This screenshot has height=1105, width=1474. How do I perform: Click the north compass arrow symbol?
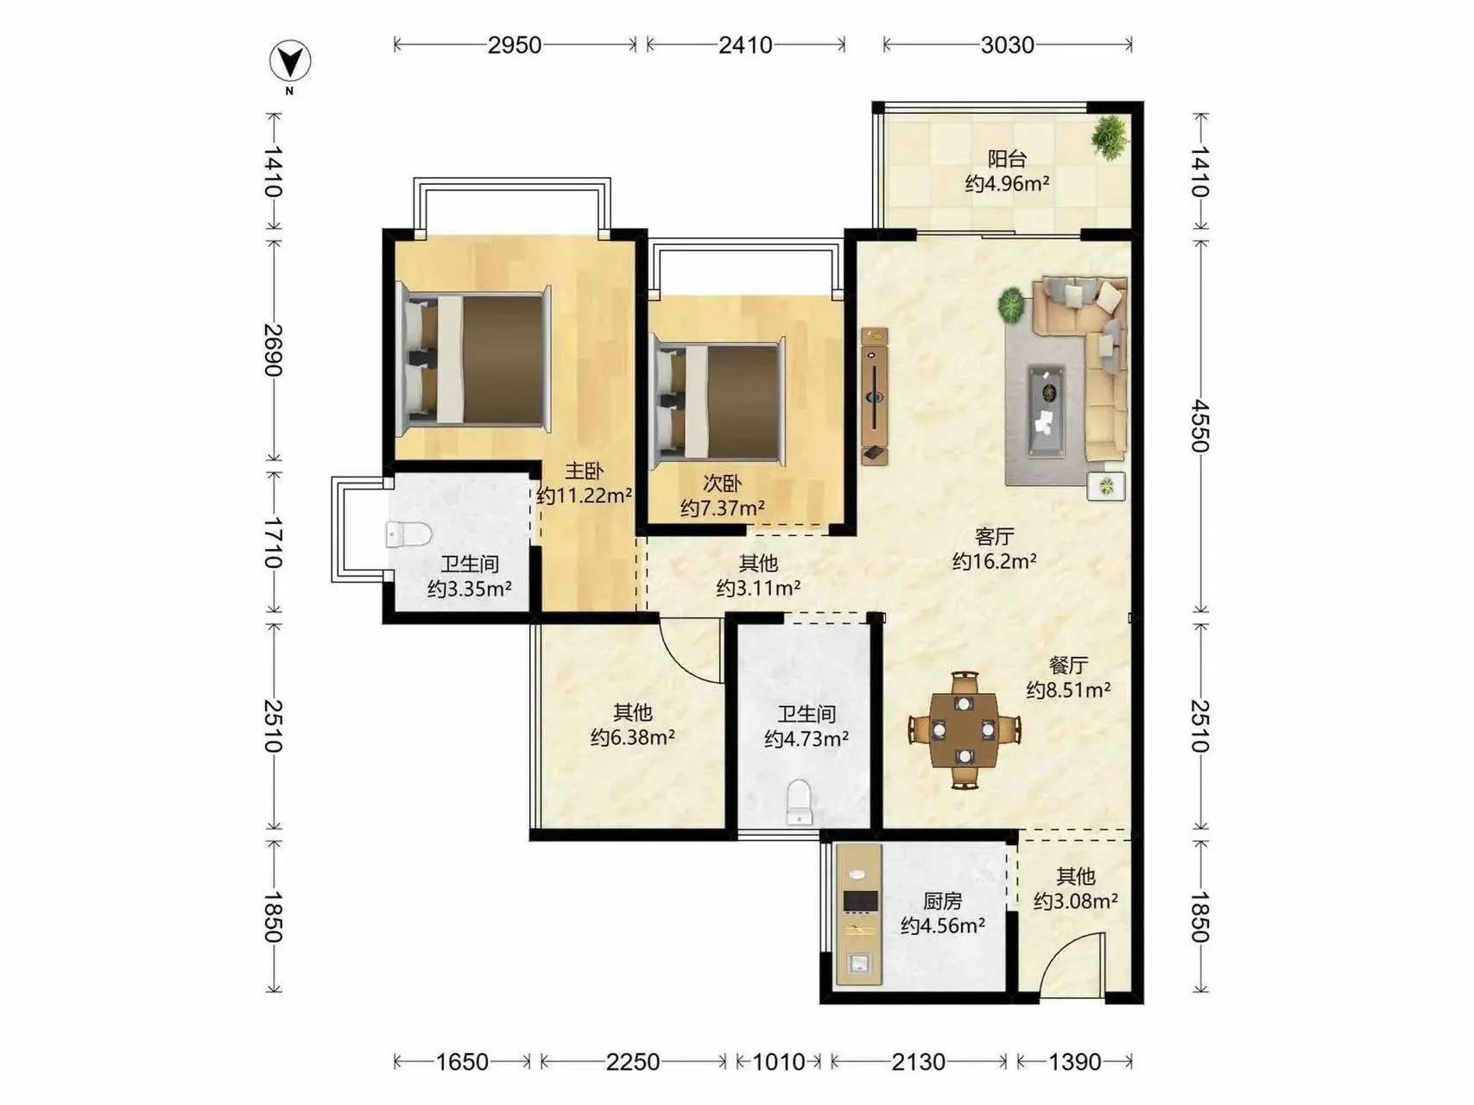coord(290,62)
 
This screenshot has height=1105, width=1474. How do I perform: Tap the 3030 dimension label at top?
coord(1007,45)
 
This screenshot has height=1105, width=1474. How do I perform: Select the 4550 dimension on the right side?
coord(1200,425)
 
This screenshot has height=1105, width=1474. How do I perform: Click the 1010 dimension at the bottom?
coord(778,1061)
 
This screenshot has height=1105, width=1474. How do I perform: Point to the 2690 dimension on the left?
coord(273,350)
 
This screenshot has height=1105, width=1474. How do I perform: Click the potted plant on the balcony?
coord(1109,136)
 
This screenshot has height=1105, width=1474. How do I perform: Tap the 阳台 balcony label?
coord(1007,159)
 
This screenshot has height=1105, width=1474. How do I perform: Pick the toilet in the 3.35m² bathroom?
coord(408,534)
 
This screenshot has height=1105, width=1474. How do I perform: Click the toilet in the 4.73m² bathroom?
coord(800,802)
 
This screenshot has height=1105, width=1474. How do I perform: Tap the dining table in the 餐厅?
coord(965,730)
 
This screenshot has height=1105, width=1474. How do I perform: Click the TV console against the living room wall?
coord(874,396)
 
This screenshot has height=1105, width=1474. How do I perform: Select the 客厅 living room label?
coord(994,537)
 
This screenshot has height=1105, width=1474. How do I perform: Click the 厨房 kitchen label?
coord(942,901)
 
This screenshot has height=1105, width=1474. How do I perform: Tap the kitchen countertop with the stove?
coord(858,914)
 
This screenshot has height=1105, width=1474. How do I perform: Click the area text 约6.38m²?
coord(633,738)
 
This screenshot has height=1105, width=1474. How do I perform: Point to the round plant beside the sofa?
coord(1010,304)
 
